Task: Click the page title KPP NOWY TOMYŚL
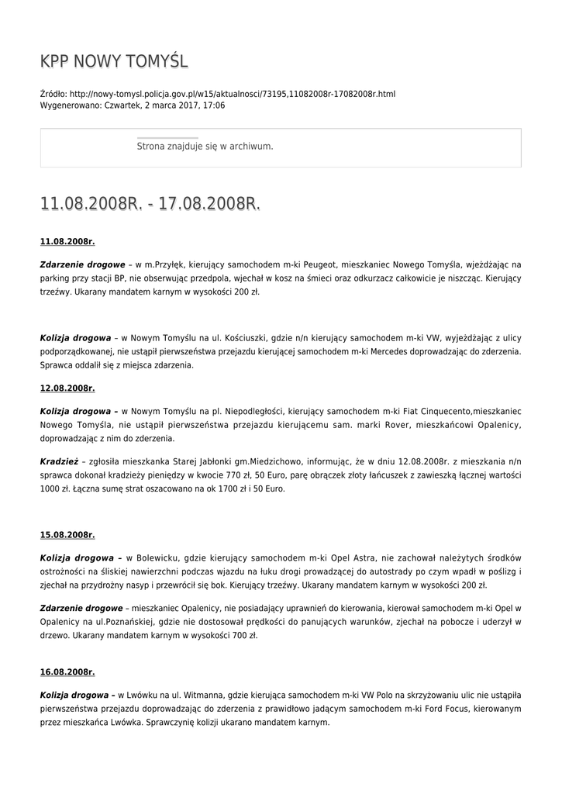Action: tap(114, 61)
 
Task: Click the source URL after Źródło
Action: tap(232, 94)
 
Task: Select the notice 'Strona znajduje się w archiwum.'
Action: tap(205, 146)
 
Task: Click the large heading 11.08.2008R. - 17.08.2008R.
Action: tap(150, 204)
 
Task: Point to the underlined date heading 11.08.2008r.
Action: tap(67, 242)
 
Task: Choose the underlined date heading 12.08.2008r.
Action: tap(67, 388)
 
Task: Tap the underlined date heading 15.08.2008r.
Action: tap(67, 534)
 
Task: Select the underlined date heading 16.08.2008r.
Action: tap(67, 671)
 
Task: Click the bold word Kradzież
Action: tap(59, 461)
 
